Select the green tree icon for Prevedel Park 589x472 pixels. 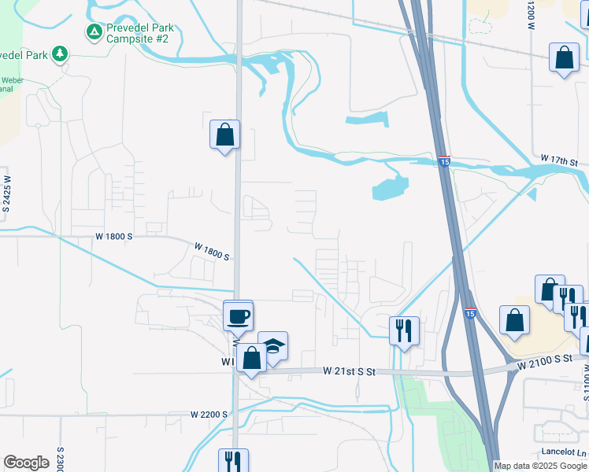tap(59, 53)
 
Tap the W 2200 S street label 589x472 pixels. tap(209, 414)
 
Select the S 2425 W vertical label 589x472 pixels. tap(6, 190)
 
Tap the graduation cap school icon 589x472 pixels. tap(272, 345)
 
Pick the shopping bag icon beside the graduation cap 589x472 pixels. tap(252, 359)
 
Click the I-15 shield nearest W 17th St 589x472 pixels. tap(444, 160)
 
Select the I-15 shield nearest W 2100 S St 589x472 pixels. tap(469, 313)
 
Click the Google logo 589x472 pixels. tap(26, 463)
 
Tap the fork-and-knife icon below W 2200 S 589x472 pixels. tap(233, 459)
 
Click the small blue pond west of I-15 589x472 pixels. tap(390, 188)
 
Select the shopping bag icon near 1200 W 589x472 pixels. tap(565, 58)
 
